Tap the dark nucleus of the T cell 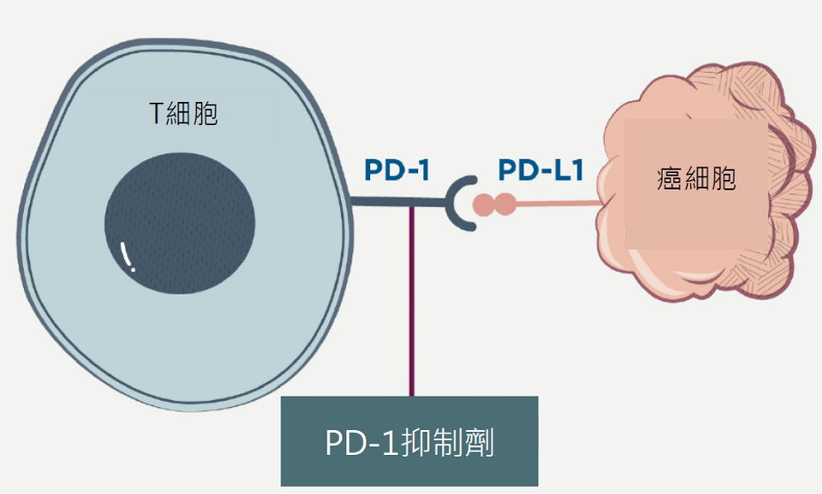[x=180, y=224]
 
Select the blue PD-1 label [x=397, y=171]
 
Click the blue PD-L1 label [x=541, y=171]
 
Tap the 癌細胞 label [x=696, y=179]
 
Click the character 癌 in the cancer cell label [x=669, y=179]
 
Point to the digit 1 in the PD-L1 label [x=576, y=171]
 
